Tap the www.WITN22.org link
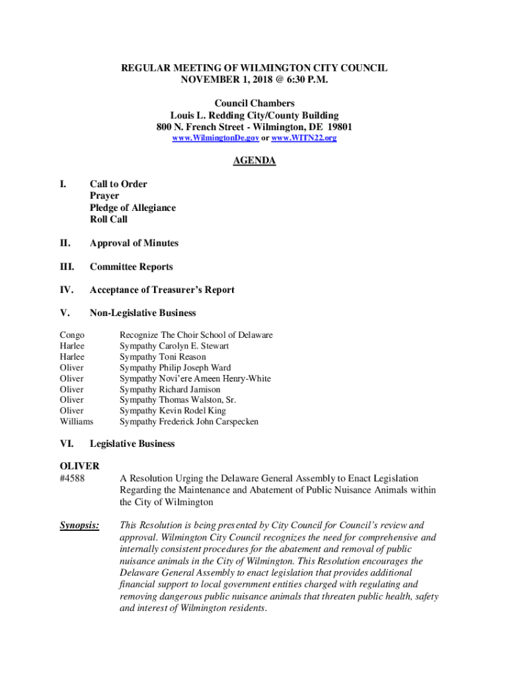[303, 138]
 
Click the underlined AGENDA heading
[255, 161]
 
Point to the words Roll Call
[109, 219]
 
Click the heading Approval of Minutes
[134, 243]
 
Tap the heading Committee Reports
[132, 267]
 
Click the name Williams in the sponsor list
[77, 421]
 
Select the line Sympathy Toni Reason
[163, 357]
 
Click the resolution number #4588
[72, 478]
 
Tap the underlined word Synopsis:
[80, 526]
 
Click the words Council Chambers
[255, 104]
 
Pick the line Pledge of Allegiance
[133, 208]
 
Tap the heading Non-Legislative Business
[143, 313]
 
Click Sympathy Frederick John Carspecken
[189, 421]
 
